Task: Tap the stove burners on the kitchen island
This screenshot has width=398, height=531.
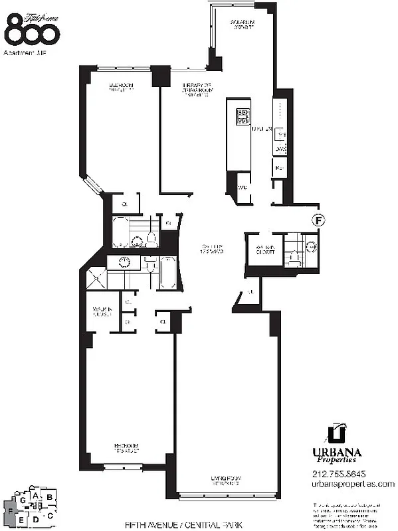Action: point(240,117)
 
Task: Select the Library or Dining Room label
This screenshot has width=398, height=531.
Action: point(197,89)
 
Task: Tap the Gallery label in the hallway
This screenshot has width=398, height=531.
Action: point(212,251)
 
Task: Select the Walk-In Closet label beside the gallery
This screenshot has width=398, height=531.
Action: point(260,251)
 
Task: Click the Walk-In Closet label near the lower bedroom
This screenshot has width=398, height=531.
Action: point(101,312)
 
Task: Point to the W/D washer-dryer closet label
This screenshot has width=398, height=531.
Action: point(242,187)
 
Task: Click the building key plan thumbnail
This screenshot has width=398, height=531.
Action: point(33,506)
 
